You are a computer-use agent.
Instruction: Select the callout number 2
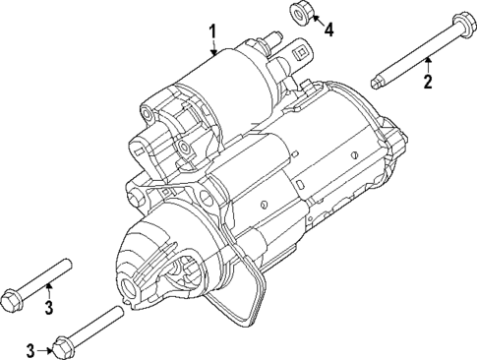(428, 81)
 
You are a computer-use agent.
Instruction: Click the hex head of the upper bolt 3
(15, 293)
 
